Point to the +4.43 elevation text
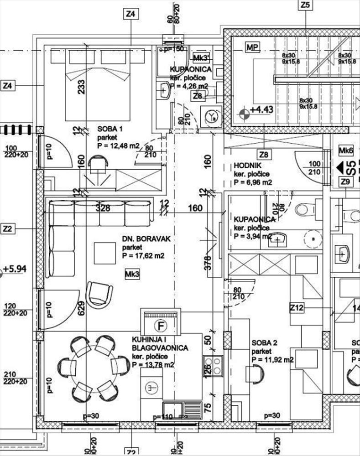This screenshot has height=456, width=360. pos(261,110)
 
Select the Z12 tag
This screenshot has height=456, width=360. pos(297,309)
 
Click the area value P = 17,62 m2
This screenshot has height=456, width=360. pos(143,256)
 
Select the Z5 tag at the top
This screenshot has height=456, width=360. pos(305,5)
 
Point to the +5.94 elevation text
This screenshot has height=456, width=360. pos(15,269)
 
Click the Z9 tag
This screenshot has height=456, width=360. pos(346,182)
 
